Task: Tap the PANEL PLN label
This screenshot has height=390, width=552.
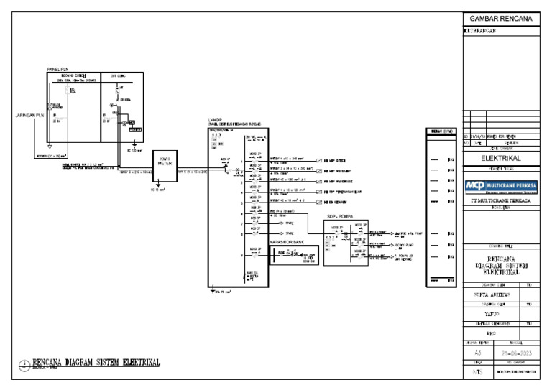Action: (x=57, y=69)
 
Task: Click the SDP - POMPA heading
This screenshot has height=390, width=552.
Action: (x=341, y=216)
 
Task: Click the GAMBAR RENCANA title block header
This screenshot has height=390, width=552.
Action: (x=500, y=19)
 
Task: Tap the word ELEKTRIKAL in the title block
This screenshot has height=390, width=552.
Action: (x=500, y=158)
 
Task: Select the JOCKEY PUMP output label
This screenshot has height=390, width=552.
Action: (x=408, y=245)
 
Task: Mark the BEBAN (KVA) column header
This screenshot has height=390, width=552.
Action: (x=440, y=131)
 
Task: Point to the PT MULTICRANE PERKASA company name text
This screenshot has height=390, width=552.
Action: (x=500, y=202)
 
